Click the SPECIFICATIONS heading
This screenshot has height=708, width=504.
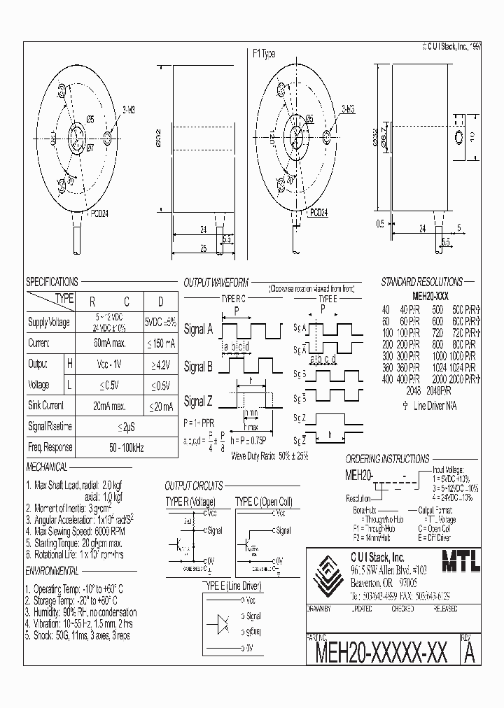(x=52, y=282)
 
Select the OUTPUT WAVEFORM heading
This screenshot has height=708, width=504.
(x=216, y=283)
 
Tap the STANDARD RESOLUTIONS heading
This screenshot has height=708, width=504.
(x=421, y=282)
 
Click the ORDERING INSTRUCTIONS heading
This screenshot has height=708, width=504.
(x=387, y=459)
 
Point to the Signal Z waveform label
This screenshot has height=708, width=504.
(x=197, y=402)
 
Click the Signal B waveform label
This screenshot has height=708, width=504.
(x=197, y=366)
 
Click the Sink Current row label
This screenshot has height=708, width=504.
(x=46, y=405)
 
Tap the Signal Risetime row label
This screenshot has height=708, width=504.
(x=50, y=426)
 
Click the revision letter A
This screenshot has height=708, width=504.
(x=470, y=652)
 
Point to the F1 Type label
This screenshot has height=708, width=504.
(x=264, y=53)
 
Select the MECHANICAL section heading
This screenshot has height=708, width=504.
(x=47, y=467)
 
